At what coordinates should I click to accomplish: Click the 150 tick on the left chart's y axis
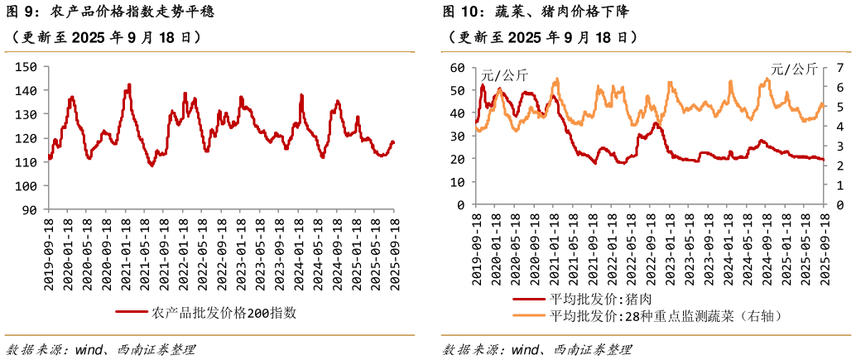26,67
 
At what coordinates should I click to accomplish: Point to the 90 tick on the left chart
30,210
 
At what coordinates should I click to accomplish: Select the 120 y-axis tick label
26,138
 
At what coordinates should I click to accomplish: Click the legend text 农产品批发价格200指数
224,313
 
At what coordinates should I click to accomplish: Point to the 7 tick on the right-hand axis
839,67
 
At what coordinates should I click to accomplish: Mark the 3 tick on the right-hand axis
839,146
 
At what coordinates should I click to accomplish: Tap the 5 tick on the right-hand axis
839,107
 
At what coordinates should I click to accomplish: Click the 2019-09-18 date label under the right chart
477,247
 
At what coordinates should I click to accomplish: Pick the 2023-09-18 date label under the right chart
708,247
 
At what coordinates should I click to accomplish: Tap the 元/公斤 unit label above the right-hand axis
793,70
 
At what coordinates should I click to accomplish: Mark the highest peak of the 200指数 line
129,84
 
